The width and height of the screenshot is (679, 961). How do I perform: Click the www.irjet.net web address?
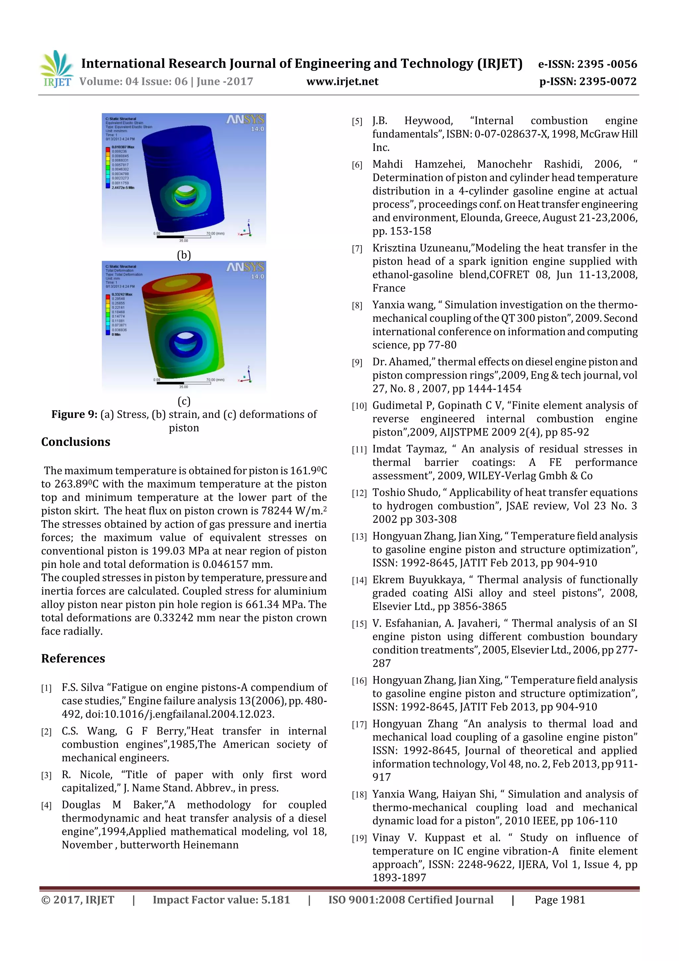[342, 82]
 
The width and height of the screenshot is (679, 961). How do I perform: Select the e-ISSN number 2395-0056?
[607, 64]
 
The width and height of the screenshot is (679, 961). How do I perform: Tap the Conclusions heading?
[76, 442]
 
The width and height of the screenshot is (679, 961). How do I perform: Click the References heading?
[73, 658]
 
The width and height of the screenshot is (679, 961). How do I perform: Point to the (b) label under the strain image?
[184, 255]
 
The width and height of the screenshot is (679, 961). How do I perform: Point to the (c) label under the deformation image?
[184, 401]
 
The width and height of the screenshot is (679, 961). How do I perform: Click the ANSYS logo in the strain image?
[245, 120]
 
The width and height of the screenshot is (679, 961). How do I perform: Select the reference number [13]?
[359, 537]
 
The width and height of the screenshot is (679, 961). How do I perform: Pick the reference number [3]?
[46, 776]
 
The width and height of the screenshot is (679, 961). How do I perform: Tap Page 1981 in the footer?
[559, 900]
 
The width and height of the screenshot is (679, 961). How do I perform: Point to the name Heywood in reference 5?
[428, 120]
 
